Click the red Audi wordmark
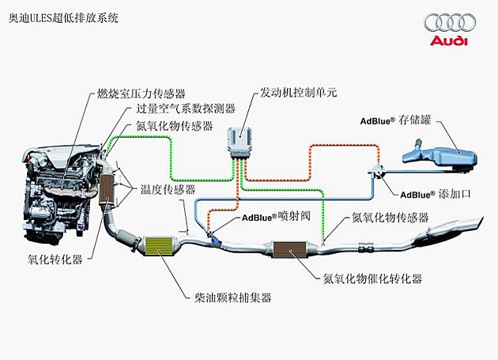point(447,40)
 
